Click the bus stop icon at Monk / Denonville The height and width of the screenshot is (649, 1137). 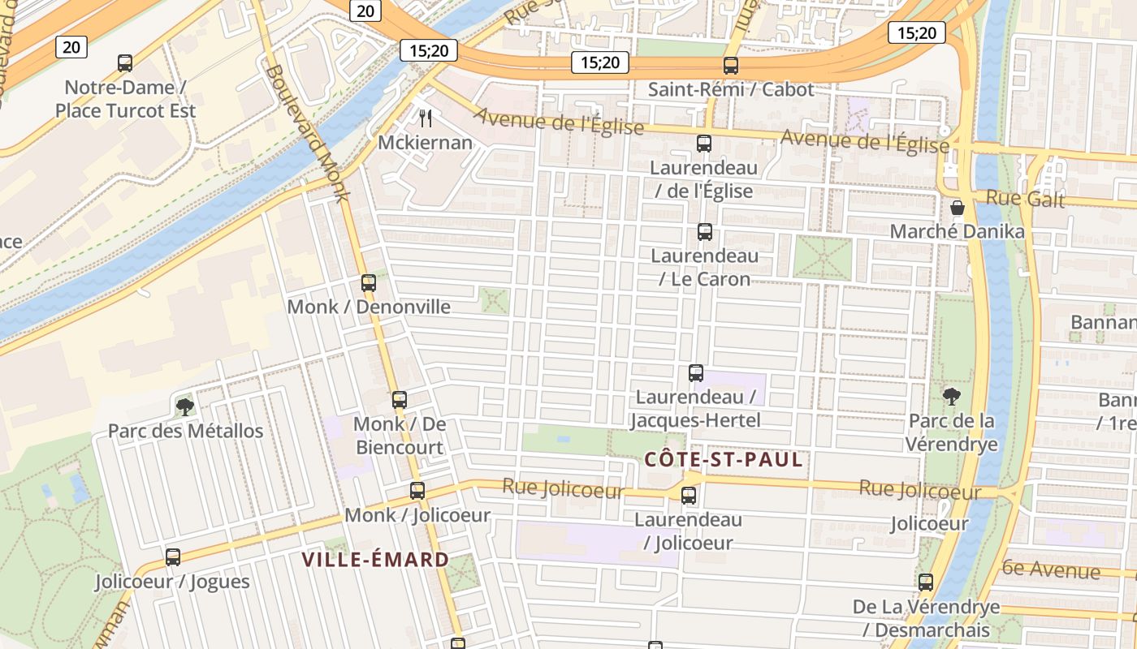click(369, 283)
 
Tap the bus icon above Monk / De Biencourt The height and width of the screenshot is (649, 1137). click(400, 400)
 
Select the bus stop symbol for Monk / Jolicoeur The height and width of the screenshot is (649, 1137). click(417, 491)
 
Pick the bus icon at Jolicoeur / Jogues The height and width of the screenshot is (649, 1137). click(173, 557)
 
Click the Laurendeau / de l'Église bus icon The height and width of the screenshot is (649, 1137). click(704, 144)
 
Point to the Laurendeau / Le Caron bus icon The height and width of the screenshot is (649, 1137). click(705, 232)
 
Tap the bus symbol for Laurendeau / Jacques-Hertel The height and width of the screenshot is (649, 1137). click(696, 373)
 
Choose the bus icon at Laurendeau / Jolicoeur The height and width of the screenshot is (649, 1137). click(689, 496)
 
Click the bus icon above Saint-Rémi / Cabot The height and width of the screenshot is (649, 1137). click(731, 66)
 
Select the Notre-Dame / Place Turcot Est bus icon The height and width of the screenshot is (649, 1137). click(125, 63)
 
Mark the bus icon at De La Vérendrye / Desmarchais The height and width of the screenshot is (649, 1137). click(926, 582)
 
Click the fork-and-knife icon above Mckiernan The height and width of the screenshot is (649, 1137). click(426, 118)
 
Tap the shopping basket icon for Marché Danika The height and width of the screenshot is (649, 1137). click(958, 208)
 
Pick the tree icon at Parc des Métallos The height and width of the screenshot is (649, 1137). click(185, 406)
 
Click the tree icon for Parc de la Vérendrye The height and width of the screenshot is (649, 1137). click(952, 397)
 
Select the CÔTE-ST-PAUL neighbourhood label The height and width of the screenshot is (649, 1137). click(724, 460)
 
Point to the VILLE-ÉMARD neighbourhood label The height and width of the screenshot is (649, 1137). click(375, 559)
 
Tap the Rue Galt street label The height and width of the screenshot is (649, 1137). click(1025, 199)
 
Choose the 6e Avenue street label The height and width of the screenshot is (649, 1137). click(1052, 570)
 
